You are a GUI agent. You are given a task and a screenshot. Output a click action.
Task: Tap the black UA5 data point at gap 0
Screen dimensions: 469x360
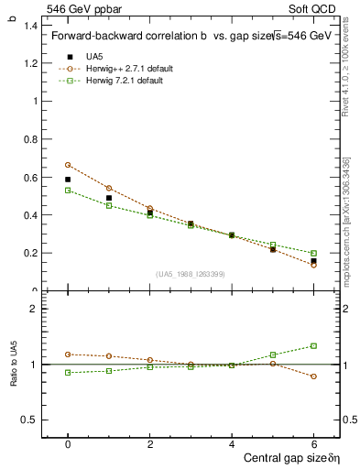coord(68,180)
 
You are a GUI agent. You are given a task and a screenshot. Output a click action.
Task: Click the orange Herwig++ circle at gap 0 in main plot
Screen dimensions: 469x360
coord(68,165)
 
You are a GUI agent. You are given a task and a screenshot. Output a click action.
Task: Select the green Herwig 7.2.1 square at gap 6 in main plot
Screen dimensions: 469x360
coord(313,253)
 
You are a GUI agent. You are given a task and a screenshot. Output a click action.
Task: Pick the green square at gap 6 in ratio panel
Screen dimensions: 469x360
coord(313,345)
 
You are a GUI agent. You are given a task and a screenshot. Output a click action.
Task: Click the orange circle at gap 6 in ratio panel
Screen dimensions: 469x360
coord(313,376)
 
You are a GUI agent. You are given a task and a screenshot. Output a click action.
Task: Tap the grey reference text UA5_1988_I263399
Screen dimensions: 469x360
coord(191,274)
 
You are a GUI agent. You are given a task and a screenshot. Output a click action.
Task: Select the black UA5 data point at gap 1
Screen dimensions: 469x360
coord(109,198)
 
